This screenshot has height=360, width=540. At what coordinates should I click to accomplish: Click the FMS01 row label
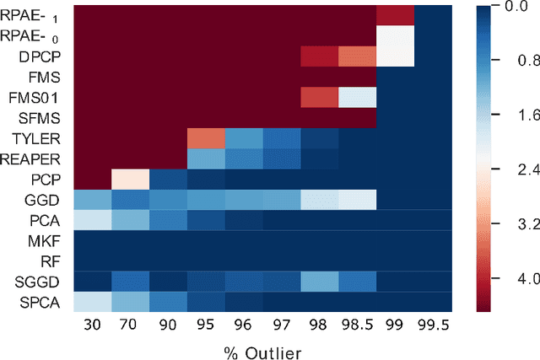pos(33,97)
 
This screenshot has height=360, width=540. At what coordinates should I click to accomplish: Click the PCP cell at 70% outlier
pos(131,179)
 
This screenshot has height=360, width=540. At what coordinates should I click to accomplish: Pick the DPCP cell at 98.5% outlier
pos(358,56)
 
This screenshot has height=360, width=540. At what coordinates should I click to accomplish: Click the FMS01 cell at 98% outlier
pos(320,97)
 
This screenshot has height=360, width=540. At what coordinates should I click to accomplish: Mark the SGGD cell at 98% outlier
pos(320,280)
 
